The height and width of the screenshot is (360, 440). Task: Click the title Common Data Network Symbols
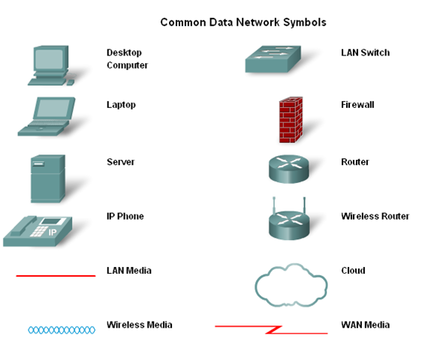(243, 22)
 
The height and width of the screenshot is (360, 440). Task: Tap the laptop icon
(49, 115)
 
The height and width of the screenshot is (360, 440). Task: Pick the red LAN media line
(56, 276)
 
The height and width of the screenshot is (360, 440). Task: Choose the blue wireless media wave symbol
(62, 330)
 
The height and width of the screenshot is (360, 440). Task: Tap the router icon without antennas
(288, 169)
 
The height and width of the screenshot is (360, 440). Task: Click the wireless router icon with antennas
(288, 220)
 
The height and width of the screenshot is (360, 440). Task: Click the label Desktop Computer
(127, 59)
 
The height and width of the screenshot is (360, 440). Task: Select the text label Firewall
(357, 105)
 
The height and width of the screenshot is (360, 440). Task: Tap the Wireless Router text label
(375, 216)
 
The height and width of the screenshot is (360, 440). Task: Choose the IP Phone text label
(125, 216)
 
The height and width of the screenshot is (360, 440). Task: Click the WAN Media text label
(365, 325)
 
